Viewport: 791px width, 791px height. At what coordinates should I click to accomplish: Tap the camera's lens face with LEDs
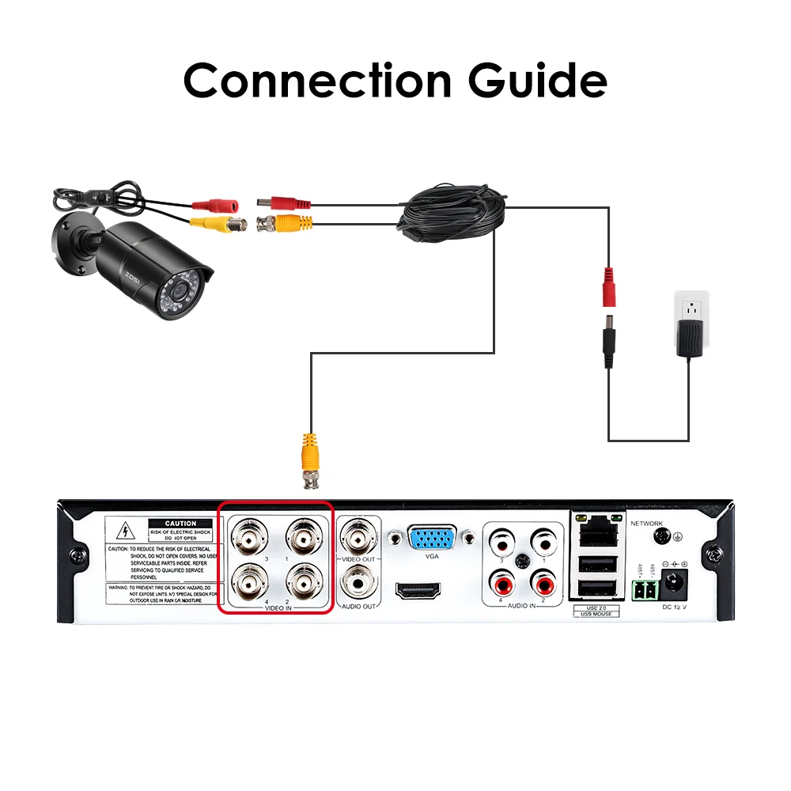[x=183, y=299]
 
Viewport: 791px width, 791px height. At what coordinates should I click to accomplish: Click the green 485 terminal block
[x=644, y=590]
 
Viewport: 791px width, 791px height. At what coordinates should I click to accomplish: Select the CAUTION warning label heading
[x=180, y=524]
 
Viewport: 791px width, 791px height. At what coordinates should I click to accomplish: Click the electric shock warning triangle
[x=123, y=531]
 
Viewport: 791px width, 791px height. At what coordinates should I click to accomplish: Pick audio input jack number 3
[x=501, y=543]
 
